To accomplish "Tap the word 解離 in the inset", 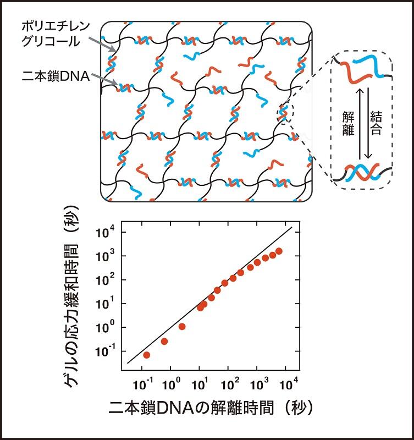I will [x=345, y=124].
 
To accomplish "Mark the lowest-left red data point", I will [x=147, y=355].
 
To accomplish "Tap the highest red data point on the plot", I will [x=279, y=251].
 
